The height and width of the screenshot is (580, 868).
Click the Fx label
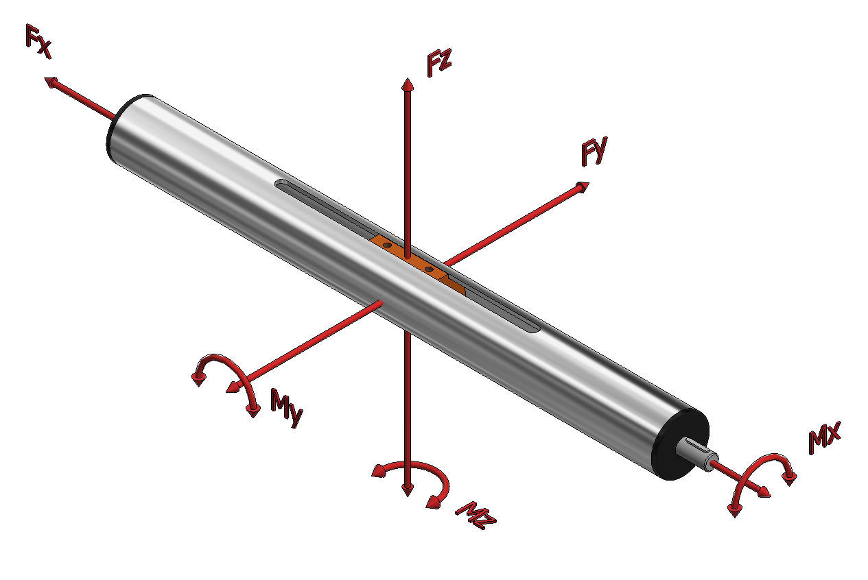38,41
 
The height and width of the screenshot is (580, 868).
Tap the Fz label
439,62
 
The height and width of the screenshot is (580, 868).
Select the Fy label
594,152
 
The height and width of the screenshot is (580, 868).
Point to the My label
286,408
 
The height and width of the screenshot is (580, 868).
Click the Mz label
476,516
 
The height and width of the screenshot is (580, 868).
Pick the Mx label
825,437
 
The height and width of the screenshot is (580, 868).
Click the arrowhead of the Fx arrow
51,82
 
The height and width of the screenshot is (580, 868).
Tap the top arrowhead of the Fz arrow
408,84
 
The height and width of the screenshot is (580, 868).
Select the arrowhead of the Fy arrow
582,187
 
